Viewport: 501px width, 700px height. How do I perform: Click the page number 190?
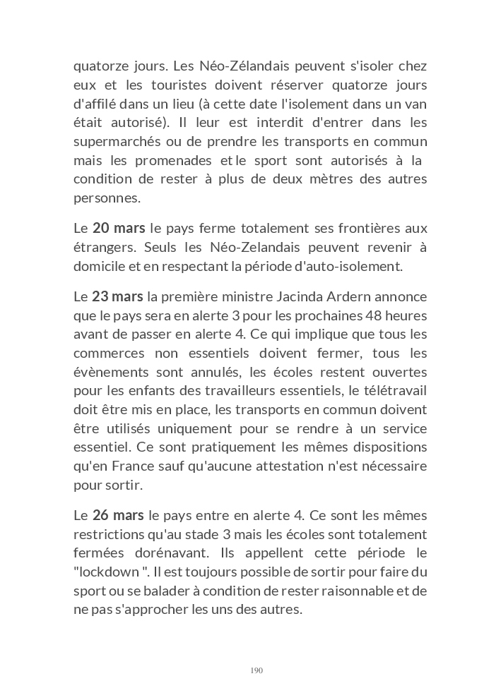tap(257, 670)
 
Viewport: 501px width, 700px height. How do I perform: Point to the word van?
tap(417, 104)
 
